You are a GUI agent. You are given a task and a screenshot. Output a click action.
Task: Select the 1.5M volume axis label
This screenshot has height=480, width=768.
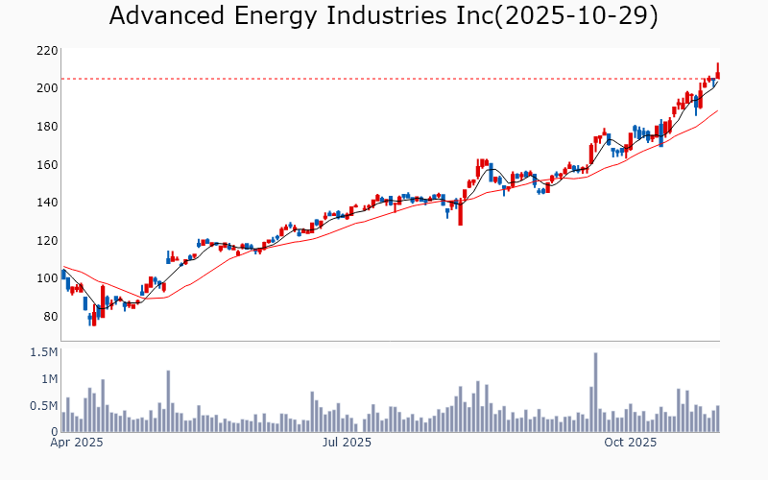[x=42, y=353]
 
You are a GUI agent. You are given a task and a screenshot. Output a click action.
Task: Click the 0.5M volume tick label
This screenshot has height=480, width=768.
[x=42, y=406]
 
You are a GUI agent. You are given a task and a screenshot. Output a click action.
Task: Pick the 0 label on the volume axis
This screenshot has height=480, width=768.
[x=53, y=432]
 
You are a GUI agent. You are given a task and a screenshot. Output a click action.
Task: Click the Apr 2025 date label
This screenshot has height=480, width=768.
[x=76, y=444]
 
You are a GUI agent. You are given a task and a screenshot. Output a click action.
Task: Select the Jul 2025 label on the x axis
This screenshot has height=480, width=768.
[x=347, y=444]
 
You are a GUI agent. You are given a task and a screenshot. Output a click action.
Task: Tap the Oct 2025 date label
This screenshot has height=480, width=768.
[x=631, y=444]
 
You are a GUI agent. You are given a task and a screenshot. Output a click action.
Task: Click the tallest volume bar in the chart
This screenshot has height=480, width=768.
[x=595, y=393]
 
